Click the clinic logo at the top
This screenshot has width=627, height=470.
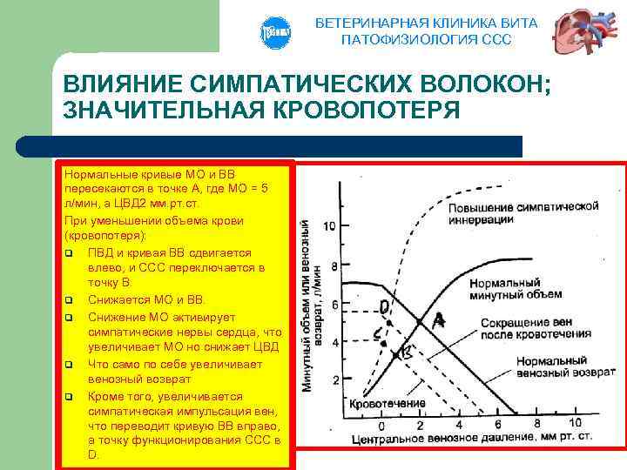[x=274, y=33]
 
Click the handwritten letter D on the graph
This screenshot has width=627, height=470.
[x=384, y=306]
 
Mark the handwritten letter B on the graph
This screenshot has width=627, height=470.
[x=405, y=352]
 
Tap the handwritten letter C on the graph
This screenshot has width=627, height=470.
[x=376, y=333]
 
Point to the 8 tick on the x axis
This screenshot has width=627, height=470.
[x=526, y=425]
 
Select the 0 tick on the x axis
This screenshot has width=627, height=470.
[x=381, y=425]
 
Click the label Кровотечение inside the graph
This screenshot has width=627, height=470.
[x=388, y=403]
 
